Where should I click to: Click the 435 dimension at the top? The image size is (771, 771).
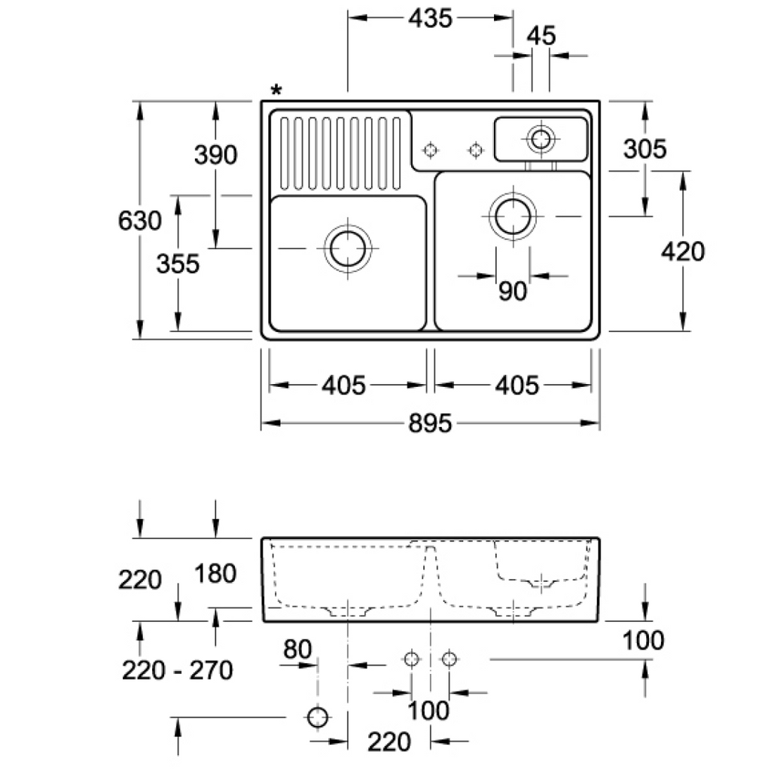430,18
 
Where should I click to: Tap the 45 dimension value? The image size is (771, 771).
541,36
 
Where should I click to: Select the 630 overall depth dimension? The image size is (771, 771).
139,221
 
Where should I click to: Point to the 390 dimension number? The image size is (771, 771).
215,154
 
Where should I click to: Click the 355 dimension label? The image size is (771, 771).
178,264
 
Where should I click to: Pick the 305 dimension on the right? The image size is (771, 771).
645,148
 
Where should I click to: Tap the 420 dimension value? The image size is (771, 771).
682,251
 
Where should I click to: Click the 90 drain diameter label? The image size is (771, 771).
512,291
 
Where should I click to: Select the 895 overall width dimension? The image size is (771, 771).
430,423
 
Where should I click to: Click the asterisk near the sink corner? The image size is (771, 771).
276,90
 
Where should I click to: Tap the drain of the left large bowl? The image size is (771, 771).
348,248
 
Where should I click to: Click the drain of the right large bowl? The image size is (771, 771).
513,216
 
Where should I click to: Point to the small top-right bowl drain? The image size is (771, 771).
541,139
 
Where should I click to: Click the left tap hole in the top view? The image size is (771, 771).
430,150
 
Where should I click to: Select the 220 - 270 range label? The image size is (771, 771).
177,670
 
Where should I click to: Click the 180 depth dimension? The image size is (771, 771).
215,573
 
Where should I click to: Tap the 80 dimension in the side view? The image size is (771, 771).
297,649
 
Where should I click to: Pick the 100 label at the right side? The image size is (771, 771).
643,640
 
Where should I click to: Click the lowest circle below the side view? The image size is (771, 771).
318,717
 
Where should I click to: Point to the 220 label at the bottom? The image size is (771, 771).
389,742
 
